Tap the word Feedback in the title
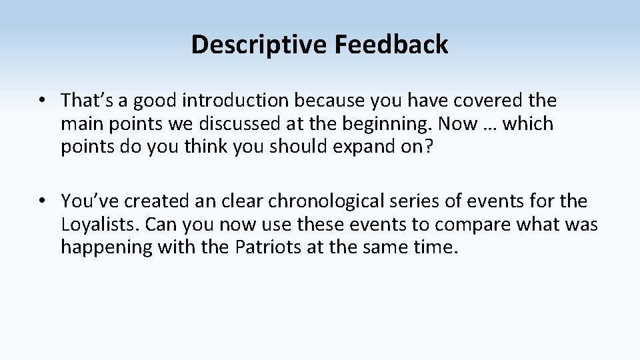coord(391,45)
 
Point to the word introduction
coord(236,101)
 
